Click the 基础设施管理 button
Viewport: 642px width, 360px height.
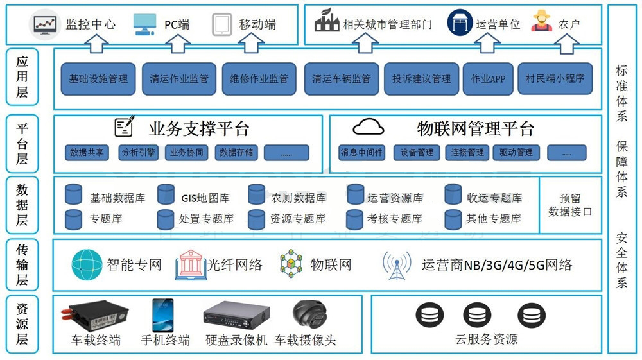[x=98, y=79]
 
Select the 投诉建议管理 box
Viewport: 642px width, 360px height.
[x=421, y=79]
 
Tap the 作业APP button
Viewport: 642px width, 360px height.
[x=488, y=79]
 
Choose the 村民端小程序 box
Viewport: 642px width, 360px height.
[x=555, y=79]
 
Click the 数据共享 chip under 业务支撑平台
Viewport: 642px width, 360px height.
[x=87, y=153]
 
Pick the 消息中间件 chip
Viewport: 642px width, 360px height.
[x=361, y=153]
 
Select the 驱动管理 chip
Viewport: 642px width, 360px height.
[x=516, y=153]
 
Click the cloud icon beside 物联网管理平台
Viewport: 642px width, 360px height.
[x=369, y=127]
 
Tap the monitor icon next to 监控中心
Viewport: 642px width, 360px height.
[x=46, y=24]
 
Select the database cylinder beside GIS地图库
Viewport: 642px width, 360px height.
[x=166, y=194]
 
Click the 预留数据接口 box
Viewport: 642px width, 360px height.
[x=570, y=205]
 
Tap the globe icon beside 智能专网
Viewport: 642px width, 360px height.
[x=87, y=264]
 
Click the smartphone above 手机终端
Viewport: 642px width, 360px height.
[x=162, y=315]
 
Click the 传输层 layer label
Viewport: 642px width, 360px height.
[x=22, y=264]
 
